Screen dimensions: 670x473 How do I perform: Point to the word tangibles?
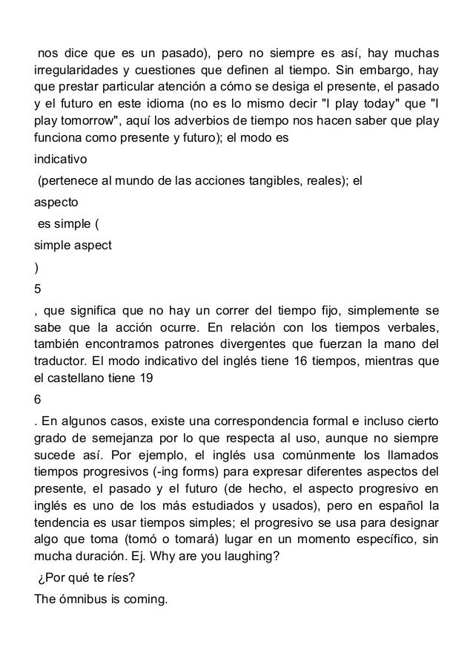point(270,179)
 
